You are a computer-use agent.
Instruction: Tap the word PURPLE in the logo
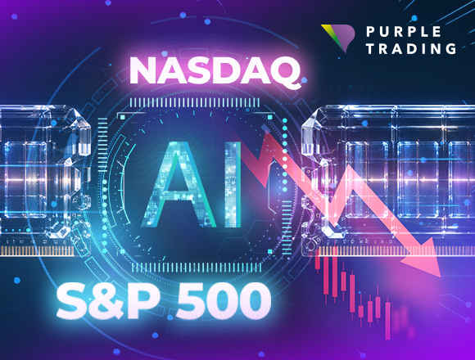coord(404,32)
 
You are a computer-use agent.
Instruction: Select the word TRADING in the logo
coord(411,48)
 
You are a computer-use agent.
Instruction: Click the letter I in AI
coord(233,184)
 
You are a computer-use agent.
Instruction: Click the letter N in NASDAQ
coord(145,71)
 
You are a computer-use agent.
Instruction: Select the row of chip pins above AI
coord(194,102)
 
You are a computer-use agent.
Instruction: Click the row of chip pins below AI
coord(197,267)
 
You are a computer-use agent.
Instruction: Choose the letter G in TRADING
coord(450,48)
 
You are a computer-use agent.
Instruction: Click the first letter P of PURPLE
coord(370,32)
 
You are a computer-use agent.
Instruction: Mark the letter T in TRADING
coord(370,48)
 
